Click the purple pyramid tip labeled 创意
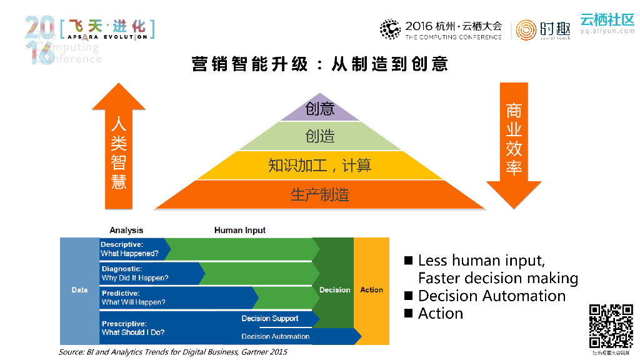tap(320, 109)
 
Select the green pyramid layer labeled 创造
tap(320, 136)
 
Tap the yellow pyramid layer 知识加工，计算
tap(320, 165)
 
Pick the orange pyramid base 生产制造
tap(320, 194)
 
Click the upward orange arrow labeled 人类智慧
tap(119, 150)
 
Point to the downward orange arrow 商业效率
tap(514, 144)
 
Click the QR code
tap(611, 325)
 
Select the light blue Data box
tap(79, 290)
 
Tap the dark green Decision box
tap(334, 289)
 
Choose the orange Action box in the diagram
tap(371, 289)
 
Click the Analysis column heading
tap(126, 230)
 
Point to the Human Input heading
tap(240, 230)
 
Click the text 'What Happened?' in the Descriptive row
tap(130, 254)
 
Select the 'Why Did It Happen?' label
tap(135, 278)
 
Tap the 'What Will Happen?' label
tap(134, 302)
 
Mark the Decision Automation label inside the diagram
tap(276, 336)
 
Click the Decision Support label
tap(270, 318)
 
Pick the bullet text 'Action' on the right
tap(441, 313)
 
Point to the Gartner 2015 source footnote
tap(173, 352)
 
